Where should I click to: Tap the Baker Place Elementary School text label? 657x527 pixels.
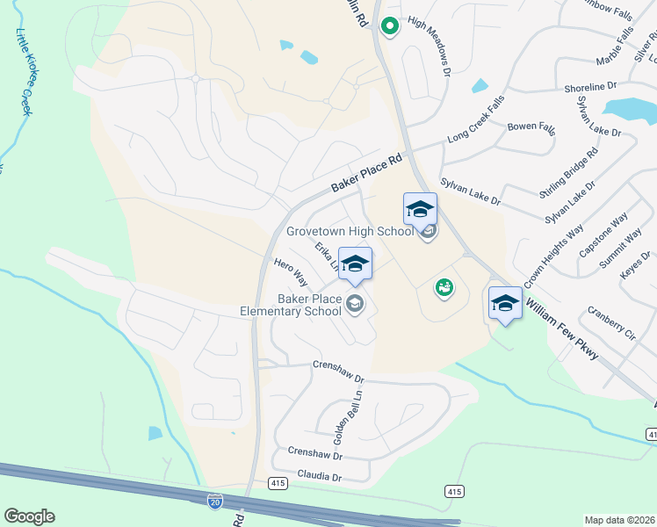coord(291,305)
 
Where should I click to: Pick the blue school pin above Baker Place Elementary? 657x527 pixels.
coord(355,263)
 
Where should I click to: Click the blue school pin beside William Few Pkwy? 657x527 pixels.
coord(505,303)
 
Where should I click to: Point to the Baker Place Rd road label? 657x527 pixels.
coord(366,174)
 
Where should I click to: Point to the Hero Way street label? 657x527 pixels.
coord(290,273)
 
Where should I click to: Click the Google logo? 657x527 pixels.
coord(29,516)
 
